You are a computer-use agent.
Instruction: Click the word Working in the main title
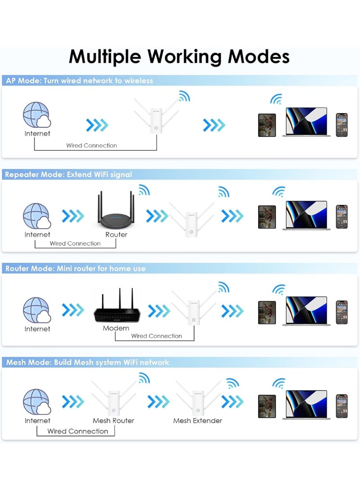(x=185, y=57)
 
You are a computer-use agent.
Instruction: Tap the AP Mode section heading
(x=80, y=81)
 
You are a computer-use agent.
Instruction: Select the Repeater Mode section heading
(x=68, y=175)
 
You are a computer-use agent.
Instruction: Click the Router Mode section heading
(x=76, y=269)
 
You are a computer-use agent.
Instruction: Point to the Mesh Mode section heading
(x=88, y=363)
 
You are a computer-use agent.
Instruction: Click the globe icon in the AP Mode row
(x=37, y=115)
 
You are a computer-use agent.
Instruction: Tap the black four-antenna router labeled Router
(x=116, y=211)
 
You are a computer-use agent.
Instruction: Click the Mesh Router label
(x=113, y=420)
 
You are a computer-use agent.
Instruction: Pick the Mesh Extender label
(x=198, y=420)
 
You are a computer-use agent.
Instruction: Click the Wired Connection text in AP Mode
(x=91, y=146)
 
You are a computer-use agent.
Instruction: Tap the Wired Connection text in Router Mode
(x=157, y=336)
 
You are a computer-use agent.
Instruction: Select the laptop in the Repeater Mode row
(x=306, y=216)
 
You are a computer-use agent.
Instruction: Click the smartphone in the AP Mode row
(x=342, y=125)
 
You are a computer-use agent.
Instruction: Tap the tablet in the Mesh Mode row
(x=267, y=406)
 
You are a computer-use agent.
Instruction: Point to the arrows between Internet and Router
(x=73, y=216)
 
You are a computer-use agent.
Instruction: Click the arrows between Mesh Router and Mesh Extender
(x=158, y=402)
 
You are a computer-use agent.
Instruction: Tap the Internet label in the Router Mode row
(x=37, y=329)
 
